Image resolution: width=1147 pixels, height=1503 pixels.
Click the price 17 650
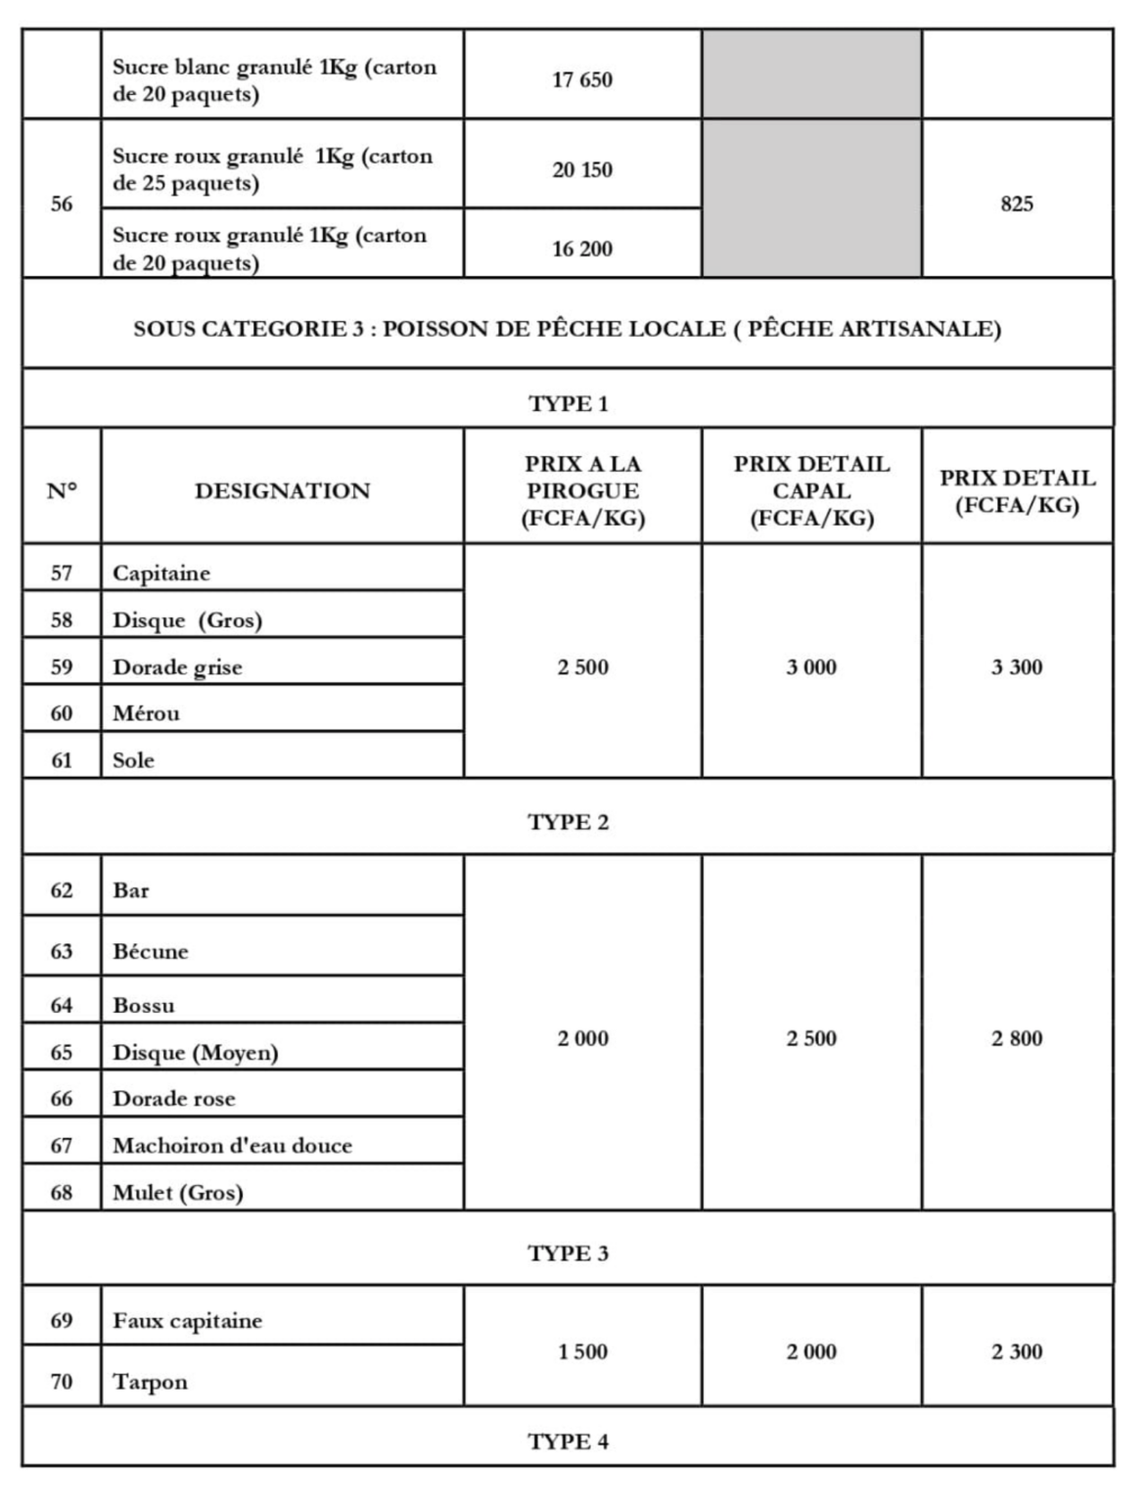click(x=582, y=80)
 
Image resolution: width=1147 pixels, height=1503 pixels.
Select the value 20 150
click(x=582, y=170)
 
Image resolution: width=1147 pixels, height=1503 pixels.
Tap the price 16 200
click(x=582, y=250)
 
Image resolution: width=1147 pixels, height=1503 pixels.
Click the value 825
click(x=1017, y=205)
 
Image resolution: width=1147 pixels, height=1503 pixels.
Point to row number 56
click(x=62, y=205)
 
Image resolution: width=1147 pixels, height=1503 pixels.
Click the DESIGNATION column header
click(x=282, y=491)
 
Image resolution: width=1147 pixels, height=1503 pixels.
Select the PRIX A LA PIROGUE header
click(x=582, y=491)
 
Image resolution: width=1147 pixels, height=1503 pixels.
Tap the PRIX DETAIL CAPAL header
click(x=811, y=491)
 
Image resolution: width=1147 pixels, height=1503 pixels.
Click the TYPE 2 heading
click(x=568, y=823)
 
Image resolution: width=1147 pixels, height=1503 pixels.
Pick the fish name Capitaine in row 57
click(x=161, y=573)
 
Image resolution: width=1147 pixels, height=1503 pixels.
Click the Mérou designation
click(x=146, y=713)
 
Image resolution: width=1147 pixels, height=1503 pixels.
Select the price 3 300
click(x=1017, y=667)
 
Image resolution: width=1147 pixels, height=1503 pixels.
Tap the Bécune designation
click(x=151, y=951)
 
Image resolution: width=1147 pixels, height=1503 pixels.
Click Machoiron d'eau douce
click(x=232, y=1146)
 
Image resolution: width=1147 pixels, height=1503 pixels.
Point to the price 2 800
click(x=1017, y=1039)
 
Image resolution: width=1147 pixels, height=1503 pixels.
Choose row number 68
click(x=62, y=1193)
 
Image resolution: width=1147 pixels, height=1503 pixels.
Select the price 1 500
click(x=582, y=1352)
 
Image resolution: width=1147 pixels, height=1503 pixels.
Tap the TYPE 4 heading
click(x=568, y=1442)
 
